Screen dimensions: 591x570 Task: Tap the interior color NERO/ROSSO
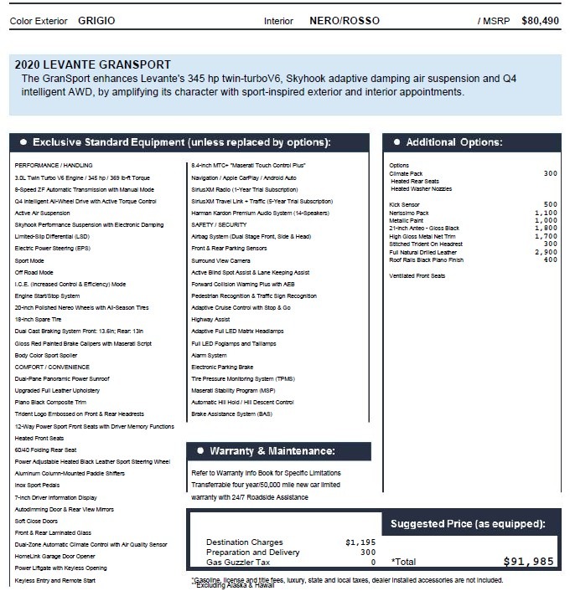coord(344,19)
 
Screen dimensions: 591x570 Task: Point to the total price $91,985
coord(528,562)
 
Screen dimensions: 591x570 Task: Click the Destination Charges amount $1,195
coord(360,542)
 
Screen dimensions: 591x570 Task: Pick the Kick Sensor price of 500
coord(550,204)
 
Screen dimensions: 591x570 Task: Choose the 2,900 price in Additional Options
coord(546,252)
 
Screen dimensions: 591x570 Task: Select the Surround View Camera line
coord(220,260)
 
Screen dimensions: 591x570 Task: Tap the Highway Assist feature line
coord(210,319)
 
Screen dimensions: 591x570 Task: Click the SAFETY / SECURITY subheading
coord(219,225)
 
